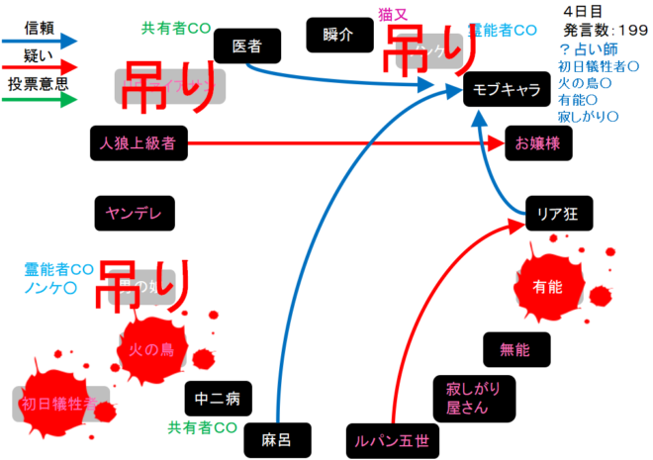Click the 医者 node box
[246, 46]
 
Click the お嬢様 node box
[537, 143]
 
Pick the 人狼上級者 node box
[137, 143]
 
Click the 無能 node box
[514, 349]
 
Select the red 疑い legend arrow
[41, 68]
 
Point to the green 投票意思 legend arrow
[41, 100]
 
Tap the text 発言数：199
[592, 30]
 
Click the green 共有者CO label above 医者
[176, 28]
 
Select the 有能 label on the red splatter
[546, 287]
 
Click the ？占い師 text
[589, 48]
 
